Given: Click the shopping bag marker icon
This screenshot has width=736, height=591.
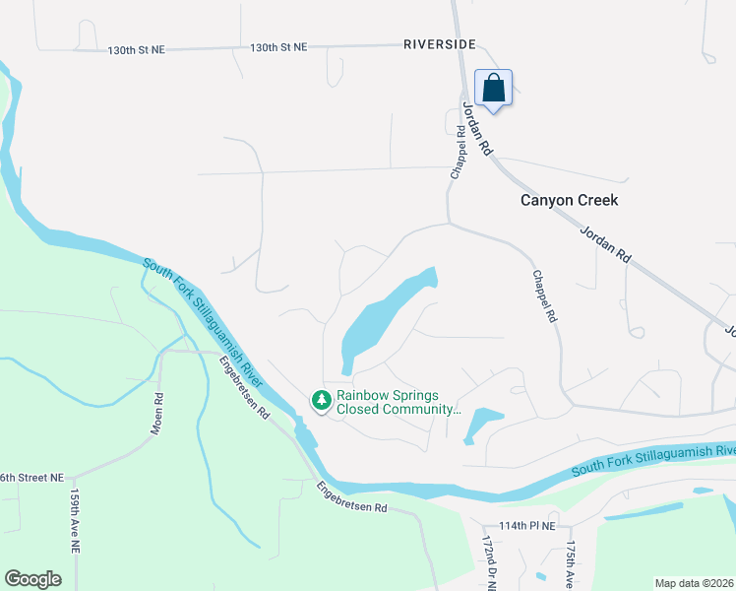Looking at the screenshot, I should (493, 89).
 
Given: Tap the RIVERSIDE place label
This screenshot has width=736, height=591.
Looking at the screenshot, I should (440, 44).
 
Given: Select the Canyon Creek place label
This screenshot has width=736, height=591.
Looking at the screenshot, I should (570, 200).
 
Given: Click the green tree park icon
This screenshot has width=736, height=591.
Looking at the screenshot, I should (321, 400).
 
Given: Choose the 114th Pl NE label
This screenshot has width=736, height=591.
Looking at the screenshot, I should (526, 526).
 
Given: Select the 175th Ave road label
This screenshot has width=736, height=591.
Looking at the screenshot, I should (570, 565).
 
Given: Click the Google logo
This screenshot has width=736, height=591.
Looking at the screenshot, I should (32, 579).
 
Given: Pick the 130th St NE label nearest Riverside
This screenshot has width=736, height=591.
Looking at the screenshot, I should (278, 47).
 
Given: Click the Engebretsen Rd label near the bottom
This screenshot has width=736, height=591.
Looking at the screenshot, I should (352, 496).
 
